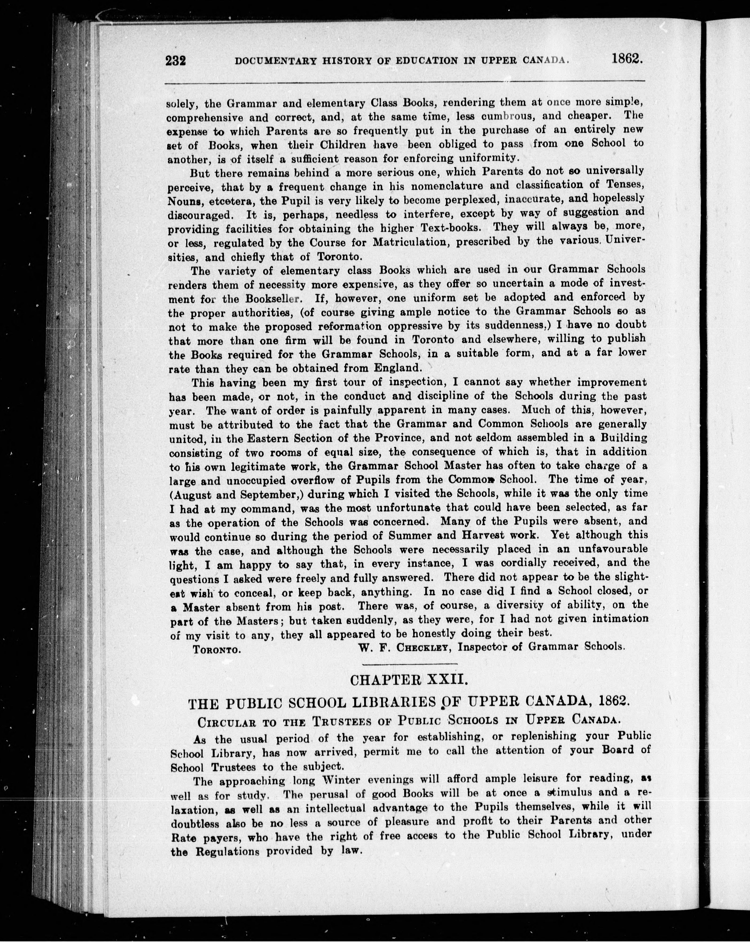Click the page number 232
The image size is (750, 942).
pyautogui.click(x=176, y=60)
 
